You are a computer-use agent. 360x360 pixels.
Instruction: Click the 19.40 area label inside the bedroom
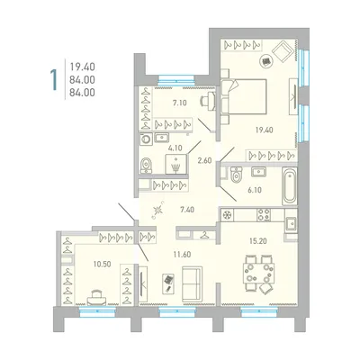coord(265,130)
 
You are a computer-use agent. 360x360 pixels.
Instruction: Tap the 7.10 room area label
coord(179,103)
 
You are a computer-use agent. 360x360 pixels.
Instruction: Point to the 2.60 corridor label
coord(204,160)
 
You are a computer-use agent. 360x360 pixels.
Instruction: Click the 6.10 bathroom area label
coord(255,190)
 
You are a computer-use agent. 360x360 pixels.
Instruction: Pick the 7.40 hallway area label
coord(187,210)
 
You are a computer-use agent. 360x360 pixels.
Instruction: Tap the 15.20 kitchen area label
coord(258,240)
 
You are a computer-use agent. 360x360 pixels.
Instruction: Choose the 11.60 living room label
coord(183,255)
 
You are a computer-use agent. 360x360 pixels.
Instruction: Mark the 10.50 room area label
coord(103,264)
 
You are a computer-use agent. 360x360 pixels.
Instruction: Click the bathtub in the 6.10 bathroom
coord(290,186)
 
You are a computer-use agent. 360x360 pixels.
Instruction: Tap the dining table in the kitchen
coord(258,273)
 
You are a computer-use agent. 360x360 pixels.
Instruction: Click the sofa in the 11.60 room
coord(192,283)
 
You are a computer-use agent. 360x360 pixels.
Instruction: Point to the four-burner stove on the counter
coord(264,215)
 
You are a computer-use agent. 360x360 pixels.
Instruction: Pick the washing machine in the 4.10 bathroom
coord(147,139)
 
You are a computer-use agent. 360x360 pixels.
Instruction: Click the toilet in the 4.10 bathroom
coord(146,166)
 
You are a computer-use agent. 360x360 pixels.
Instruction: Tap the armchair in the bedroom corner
coord(283,51)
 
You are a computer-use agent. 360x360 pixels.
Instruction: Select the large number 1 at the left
coord(54,79)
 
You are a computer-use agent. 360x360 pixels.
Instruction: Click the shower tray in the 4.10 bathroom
coord(176,164)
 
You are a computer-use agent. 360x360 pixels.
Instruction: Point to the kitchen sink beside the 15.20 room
coord(291,223)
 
